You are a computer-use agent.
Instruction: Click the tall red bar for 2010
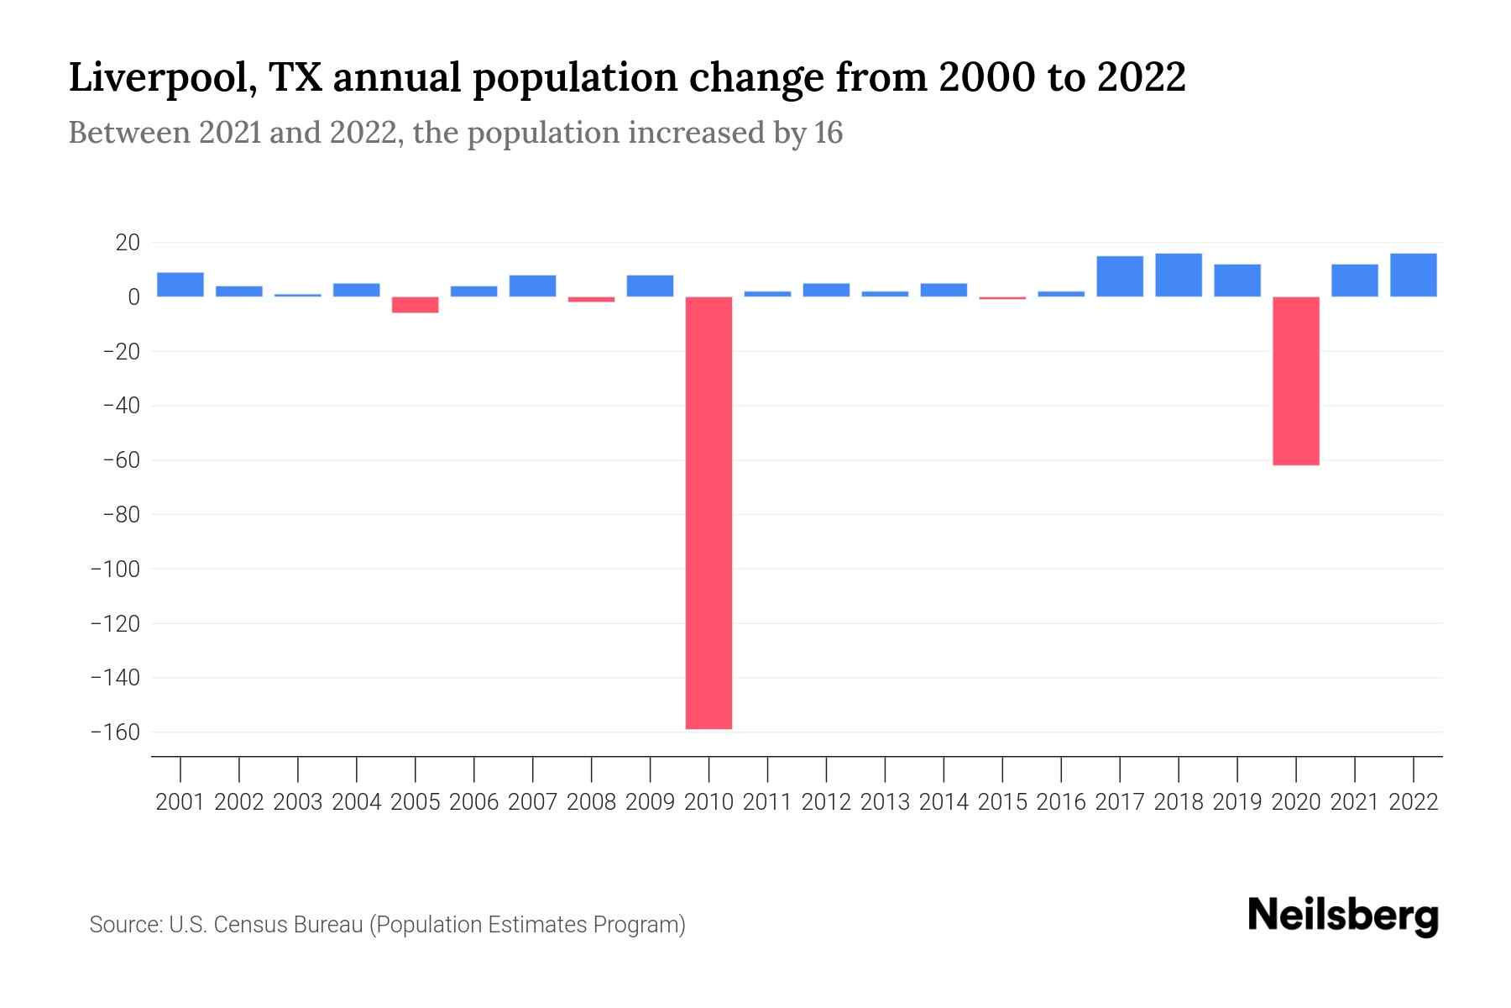pos(708,512)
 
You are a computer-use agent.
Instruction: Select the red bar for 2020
pos(1295,381)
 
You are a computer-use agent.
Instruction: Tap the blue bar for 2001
pos(180,285)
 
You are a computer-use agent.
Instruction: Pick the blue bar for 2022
pos(1413,276)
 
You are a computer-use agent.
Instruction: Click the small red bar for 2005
pos(415,304)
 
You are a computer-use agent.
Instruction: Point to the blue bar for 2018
pos(1178,276)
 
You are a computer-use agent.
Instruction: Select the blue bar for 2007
pos(532,286)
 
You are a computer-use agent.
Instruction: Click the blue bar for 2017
pos(1119,276)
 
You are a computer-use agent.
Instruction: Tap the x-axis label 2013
pos(885,802)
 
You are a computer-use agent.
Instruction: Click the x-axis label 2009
pos(650,802)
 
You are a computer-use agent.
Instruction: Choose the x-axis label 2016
pos(1061,802)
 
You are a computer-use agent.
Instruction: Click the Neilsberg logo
pos(1343,916)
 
